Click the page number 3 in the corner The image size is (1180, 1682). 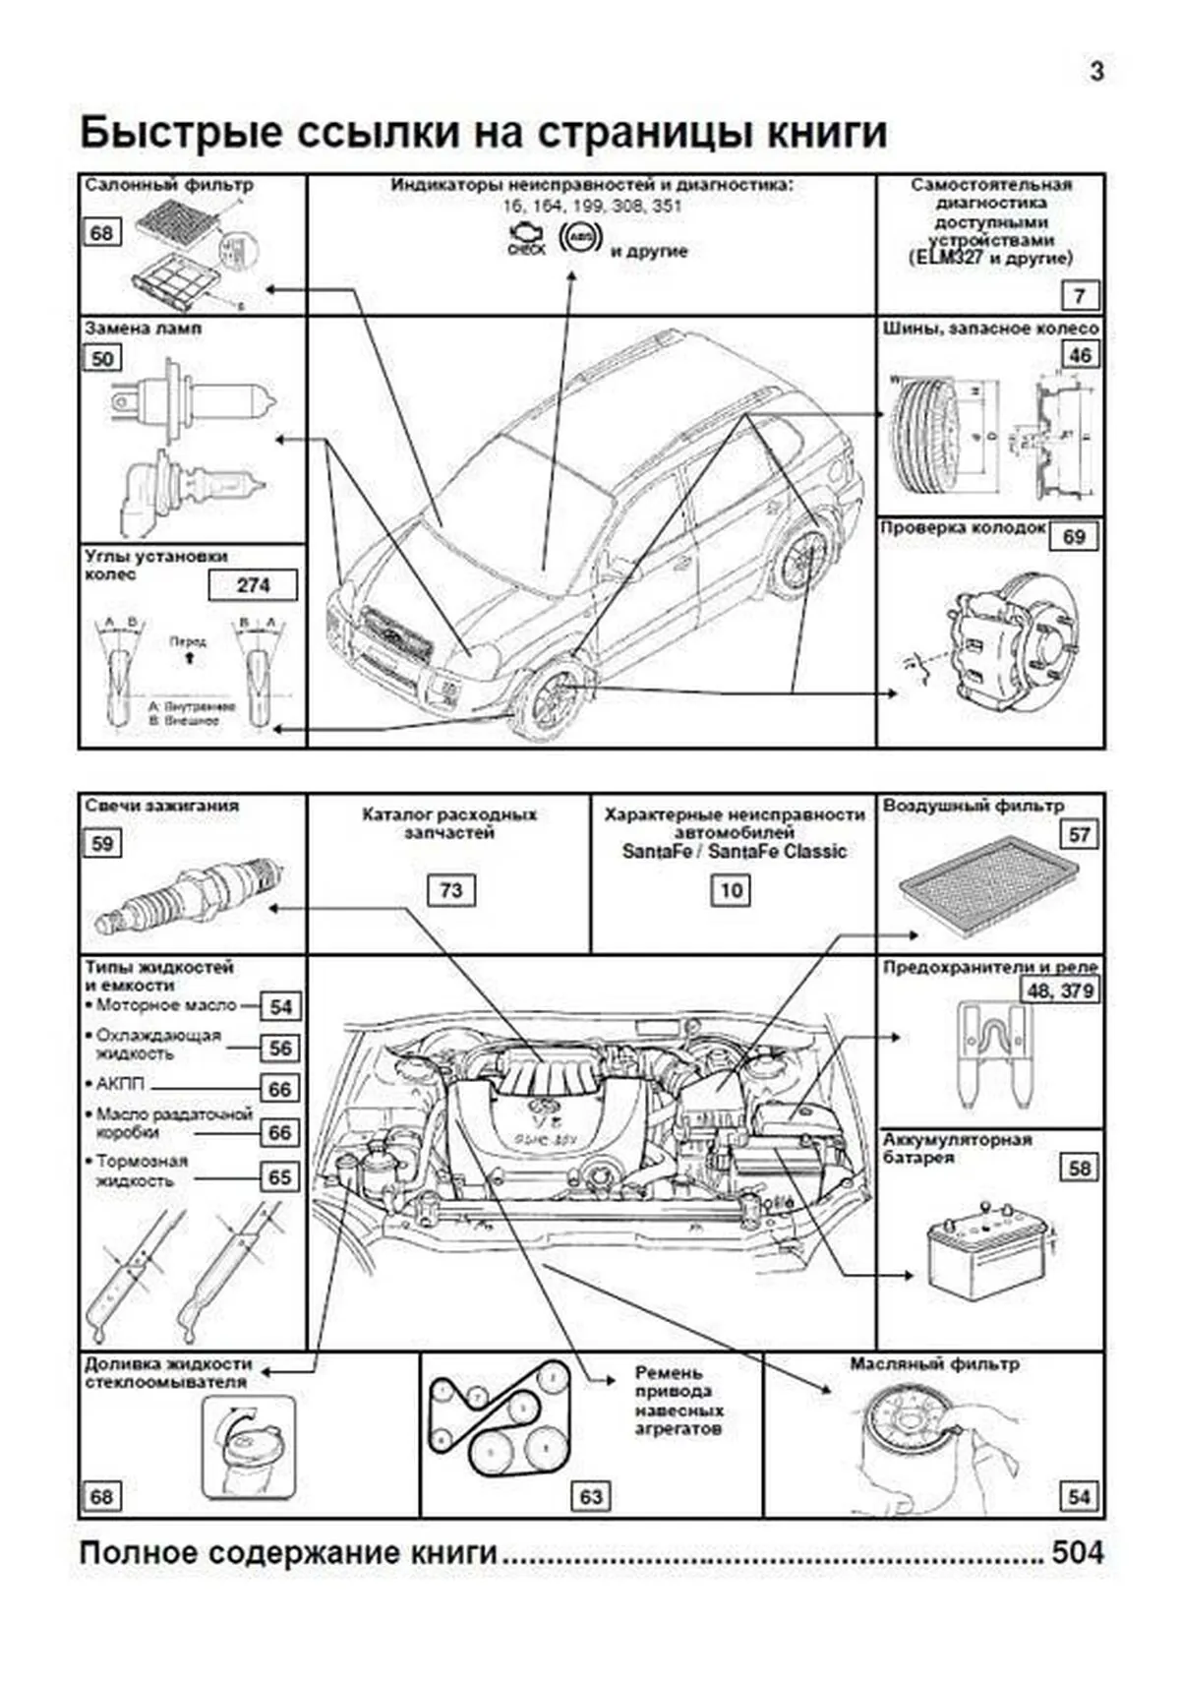click(1096, 71)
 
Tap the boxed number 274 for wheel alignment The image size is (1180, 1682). click(253, 585)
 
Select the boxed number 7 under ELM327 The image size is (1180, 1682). click(1080, 295)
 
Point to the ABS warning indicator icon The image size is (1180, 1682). click(579, 238)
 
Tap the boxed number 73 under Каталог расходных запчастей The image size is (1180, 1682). click(450, 890)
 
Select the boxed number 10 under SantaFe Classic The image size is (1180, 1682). click(730, 890)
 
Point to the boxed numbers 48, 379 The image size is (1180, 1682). click(1060, 991)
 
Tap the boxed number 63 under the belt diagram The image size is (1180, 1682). click(590, 1496)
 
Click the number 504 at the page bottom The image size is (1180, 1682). click(1078, 1553)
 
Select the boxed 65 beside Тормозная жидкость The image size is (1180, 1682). click(280, 1177)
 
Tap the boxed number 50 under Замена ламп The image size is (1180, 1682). click(102, 358)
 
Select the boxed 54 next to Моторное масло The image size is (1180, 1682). click(280, 1006)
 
